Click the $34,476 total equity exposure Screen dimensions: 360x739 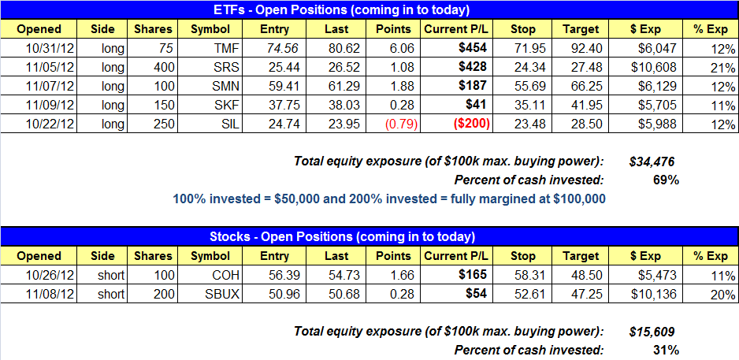pyautogui.click(x=652, y=161)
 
